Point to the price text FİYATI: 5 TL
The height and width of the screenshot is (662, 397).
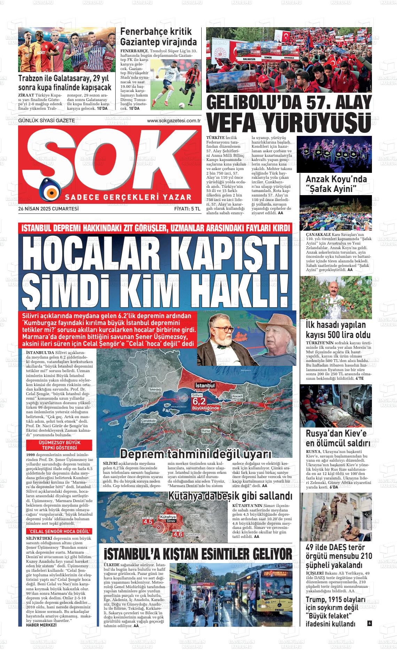pos(187,209)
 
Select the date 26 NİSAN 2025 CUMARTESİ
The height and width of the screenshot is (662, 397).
pos(49,209)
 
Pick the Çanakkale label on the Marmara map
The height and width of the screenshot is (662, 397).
pos(148,421)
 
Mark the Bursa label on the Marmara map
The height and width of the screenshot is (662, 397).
pos(206,431)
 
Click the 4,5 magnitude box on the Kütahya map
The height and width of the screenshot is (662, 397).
pos(148,522)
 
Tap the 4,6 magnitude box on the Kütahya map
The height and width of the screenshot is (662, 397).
pos(178,534)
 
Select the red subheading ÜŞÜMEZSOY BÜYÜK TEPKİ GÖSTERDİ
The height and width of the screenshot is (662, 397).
pos(59,445)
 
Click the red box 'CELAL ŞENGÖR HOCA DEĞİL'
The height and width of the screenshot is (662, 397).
pos(60,531)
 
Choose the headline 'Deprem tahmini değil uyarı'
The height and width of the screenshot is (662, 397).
pos(195,454)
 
